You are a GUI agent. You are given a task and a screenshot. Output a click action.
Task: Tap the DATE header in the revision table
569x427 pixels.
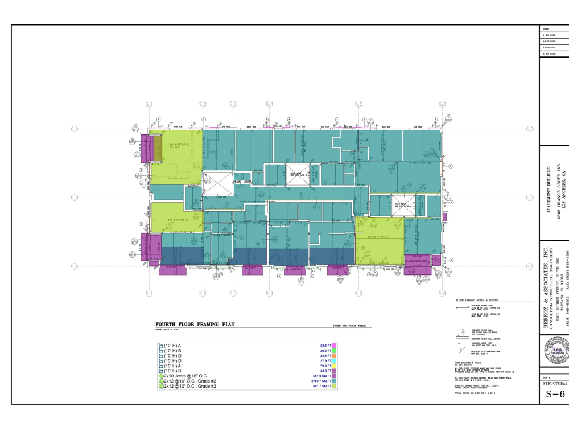(546, 28)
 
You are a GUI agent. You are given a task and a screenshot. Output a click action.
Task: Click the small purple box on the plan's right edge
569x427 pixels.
(445, 217)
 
